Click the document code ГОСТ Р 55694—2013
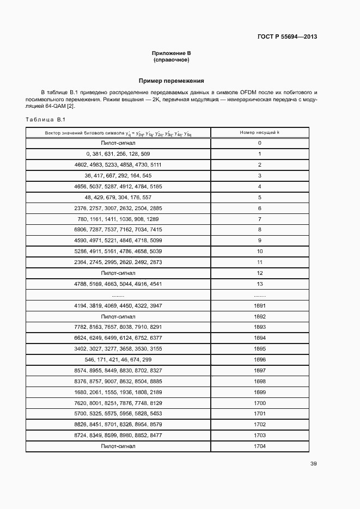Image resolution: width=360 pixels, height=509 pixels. pyautogui.click(x=286, y=37)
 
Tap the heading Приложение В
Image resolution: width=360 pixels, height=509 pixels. pyautogui.click(x=171, y=53)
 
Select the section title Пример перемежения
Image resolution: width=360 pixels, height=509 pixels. pyautogui.click(x=171, y=81)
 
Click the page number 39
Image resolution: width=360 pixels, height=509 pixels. pyautogui.click(x=313, y=464)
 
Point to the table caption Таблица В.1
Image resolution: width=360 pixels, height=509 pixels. pyautogui.click(x=45, y=120)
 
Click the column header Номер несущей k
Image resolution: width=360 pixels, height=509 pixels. pyautogui.click(x=259, y=133)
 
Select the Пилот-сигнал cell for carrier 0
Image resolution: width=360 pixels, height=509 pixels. pyautogui.click(x=118, y=143)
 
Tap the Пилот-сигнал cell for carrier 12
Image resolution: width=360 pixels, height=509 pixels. pyautogui.click(x=118, y=273)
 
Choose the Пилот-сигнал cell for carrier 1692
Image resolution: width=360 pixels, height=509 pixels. pyautogui.click(x=118, y=316)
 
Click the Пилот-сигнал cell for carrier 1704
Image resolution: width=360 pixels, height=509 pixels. pyautogui.click(x=118, y=446)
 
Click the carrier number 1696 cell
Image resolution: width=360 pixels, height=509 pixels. pyautogui.click(x=259, y=360)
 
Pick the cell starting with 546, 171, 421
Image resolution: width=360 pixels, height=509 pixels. pyautogui.click(x=118, y=360)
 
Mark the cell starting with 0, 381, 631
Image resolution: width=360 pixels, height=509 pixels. pyautogui.click(x=118, y=154)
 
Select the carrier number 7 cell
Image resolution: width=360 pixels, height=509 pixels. pyautogui.click(x=259, y=219)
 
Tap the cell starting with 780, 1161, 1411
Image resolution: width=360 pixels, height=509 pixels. pyautogui.click(x=118, y=219)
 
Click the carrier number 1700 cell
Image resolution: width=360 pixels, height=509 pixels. pyautogui.click(x=259, y=403)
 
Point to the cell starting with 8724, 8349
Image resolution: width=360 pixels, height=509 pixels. pyautogui.click(x=118, y=436)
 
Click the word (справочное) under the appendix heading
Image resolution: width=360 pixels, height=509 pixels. pyautogui.click(x=171, y=59)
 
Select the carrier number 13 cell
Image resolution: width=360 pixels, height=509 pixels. pyautogui.click(x=259, y=284)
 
